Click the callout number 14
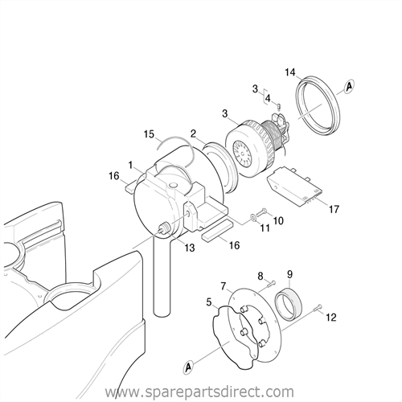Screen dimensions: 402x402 (x=290, y=72)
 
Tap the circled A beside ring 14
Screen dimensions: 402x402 (x=349, y=86)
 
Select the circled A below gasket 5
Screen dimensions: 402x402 (x=189, y=366)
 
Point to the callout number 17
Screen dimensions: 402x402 (x=334, y=209)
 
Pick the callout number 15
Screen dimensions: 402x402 (x=149, y=134)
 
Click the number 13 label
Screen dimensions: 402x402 (x=189, y=248)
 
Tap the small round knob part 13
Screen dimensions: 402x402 (x=165, y=228)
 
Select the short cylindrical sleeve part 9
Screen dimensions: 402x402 (x=289, y=303)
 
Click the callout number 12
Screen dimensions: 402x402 (x=331, y=318)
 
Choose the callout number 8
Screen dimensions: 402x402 (x=260, y=277)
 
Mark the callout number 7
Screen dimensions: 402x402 (x=224, y=287)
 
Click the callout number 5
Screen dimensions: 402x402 (x=209, y=302)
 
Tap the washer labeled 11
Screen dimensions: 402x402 (x=252, y=216)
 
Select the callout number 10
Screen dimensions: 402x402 (x=278, y=221)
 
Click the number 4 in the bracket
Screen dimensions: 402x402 (x=268, y=99)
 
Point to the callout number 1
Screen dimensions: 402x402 (x=130, y=166)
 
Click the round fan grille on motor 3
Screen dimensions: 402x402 (x=242, y=153)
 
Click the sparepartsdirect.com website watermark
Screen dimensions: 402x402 (x=199, y=392)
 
